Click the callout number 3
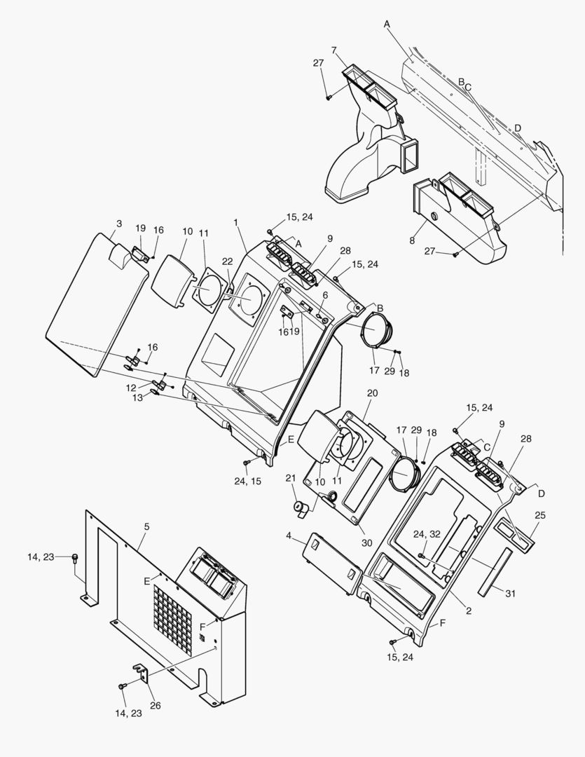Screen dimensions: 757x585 pyautogui.click(x=119, y=224)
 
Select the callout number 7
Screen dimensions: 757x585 pyautogui.click(x=334, y=50)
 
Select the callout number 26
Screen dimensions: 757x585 pyautogui.click(x=156, y=705)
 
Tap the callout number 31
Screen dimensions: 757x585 pyautogui.click(x=511, y=594)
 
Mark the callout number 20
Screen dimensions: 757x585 pyautogui.click(x=372, y=393)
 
